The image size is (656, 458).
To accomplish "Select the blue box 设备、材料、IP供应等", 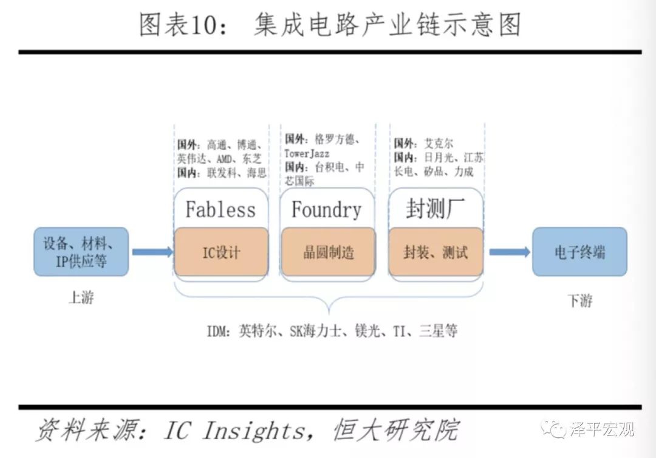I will pyautogui.click(x=81, y=251).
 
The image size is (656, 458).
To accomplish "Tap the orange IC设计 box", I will pyautogui.click(x=221, y=252).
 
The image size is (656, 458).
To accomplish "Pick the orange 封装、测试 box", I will pyautogui.click(x=436, y=252).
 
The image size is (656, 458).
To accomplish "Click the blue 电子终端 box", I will pyautogui.click(x=579, y=252).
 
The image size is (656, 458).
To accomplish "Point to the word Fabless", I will pyautogui.click(x=220, y=210).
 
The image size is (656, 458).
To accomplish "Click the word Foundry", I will pyautogui.click(x=327, y=210).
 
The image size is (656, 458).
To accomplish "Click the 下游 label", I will pyautogui.click(x=580, y=300).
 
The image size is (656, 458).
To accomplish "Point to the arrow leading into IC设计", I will pyautogui.click(x=152, y=252).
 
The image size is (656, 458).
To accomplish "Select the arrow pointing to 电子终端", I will pyautogui.click(x=509, y=252).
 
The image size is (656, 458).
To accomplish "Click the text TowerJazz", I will pyautogui.click(x=307, y=154).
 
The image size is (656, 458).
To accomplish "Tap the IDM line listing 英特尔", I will pyautogui.click(x=331, y=331).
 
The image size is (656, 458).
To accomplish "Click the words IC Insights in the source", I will pyautogui.click(x=234, y=431).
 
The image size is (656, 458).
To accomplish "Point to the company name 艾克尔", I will pyautogui.click(x=437, y=144).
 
